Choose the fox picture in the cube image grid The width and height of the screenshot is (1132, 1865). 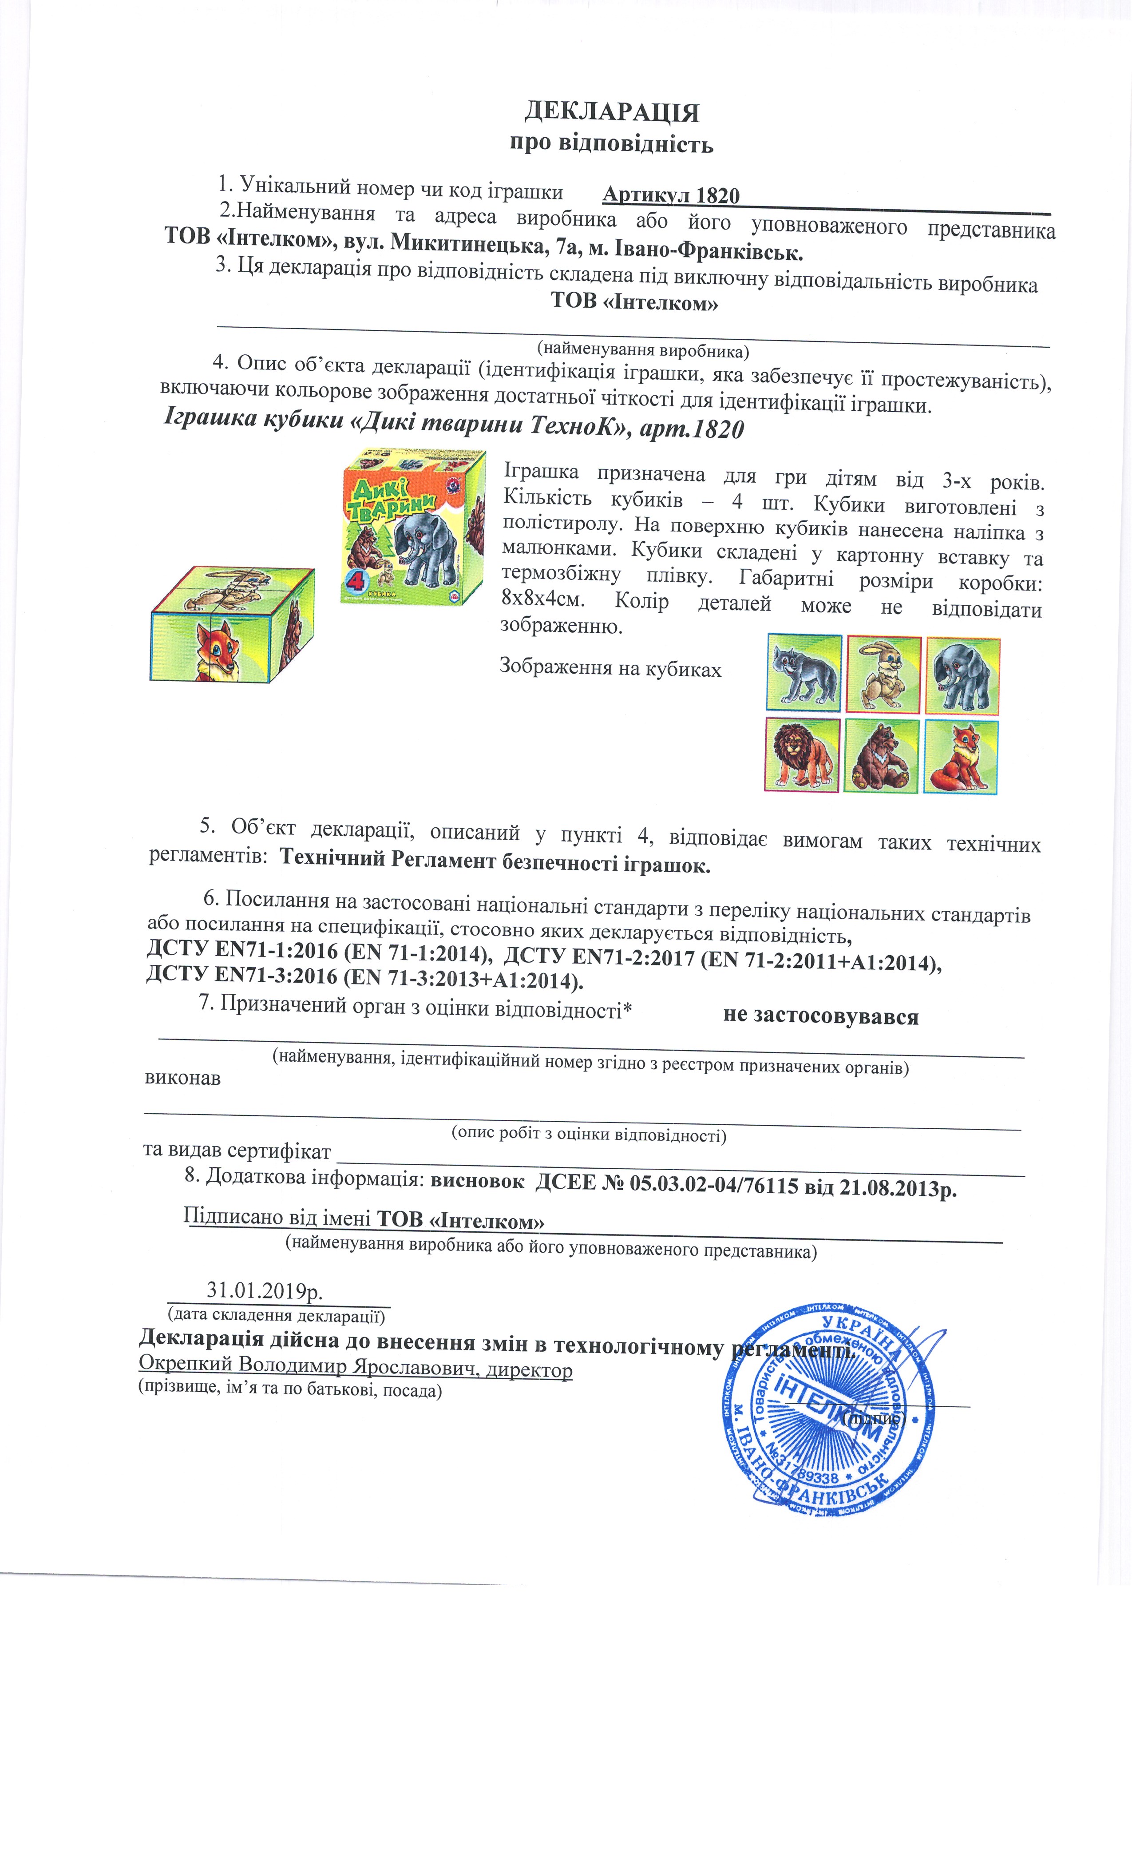click(x=961, y=757)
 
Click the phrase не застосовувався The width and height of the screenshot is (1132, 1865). click(x=820, y=1016)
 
